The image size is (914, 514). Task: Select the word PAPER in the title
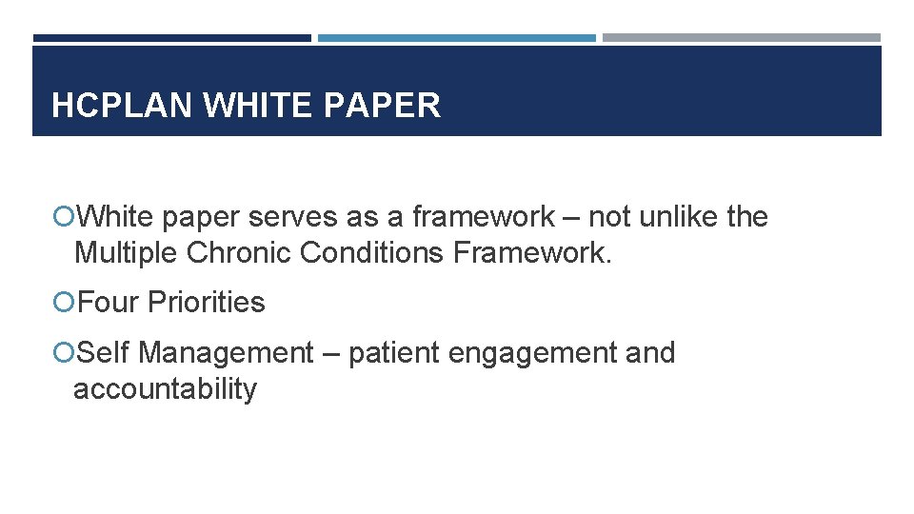tap(383, 106)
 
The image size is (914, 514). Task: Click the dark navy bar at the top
tap(171, 38)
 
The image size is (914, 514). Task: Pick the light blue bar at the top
tap(456, 38)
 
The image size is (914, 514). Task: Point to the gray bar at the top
tap(741, 38)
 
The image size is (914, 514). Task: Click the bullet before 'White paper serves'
tap(65, 218)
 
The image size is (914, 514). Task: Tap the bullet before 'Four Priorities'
tap(65, 303)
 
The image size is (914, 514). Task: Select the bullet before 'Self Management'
tap(65, 353)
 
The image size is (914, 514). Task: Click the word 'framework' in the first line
tap(483, 217)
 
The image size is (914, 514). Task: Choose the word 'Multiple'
tap(127, 253)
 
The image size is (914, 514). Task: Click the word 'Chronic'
tap(239, 253)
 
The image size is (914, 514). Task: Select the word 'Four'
tap(109, 303)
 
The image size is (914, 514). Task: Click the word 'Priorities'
tap(207, 303)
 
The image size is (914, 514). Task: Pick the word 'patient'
tap(394, 353)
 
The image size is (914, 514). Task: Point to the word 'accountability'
tap(165, 389)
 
